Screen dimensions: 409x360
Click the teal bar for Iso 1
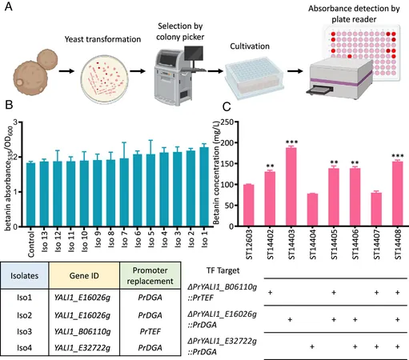(204, 186)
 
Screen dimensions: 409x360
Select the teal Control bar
(31, 194)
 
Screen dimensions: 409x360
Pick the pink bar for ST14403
(291, 186)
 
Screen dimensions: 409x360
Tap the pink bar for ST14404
(312, 210)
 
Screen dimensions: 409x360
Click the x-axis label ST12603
(249, 244)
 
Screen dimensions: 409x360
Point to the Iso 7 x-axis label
(124, 239)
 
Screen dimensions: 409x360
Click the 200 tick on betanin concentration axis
(227, 142)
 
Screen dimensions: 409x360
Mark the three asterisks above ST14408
(397, 156)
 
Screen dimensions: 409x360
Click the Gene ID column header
(84, 275)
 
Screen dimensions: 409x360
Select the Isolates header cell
(25, 275)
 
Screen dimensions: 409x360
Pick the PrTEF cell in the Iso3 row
(150, 331)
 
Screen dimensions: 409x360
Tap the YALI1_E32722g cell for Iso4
(82, 348)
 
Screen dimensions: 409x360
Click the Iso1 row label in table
(24, 298)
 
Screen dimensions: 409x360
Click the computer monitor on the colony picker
(194, 54)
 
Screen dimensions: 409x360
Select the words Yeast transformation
(102, 39)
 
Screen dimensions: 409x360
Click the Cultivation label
(250, 46)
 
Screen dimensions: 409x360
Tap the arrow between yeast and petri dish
(66, 71)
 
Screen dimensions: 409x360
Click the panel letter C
(227, 107)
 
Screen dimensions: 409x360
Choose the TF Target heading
(223, 270)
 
